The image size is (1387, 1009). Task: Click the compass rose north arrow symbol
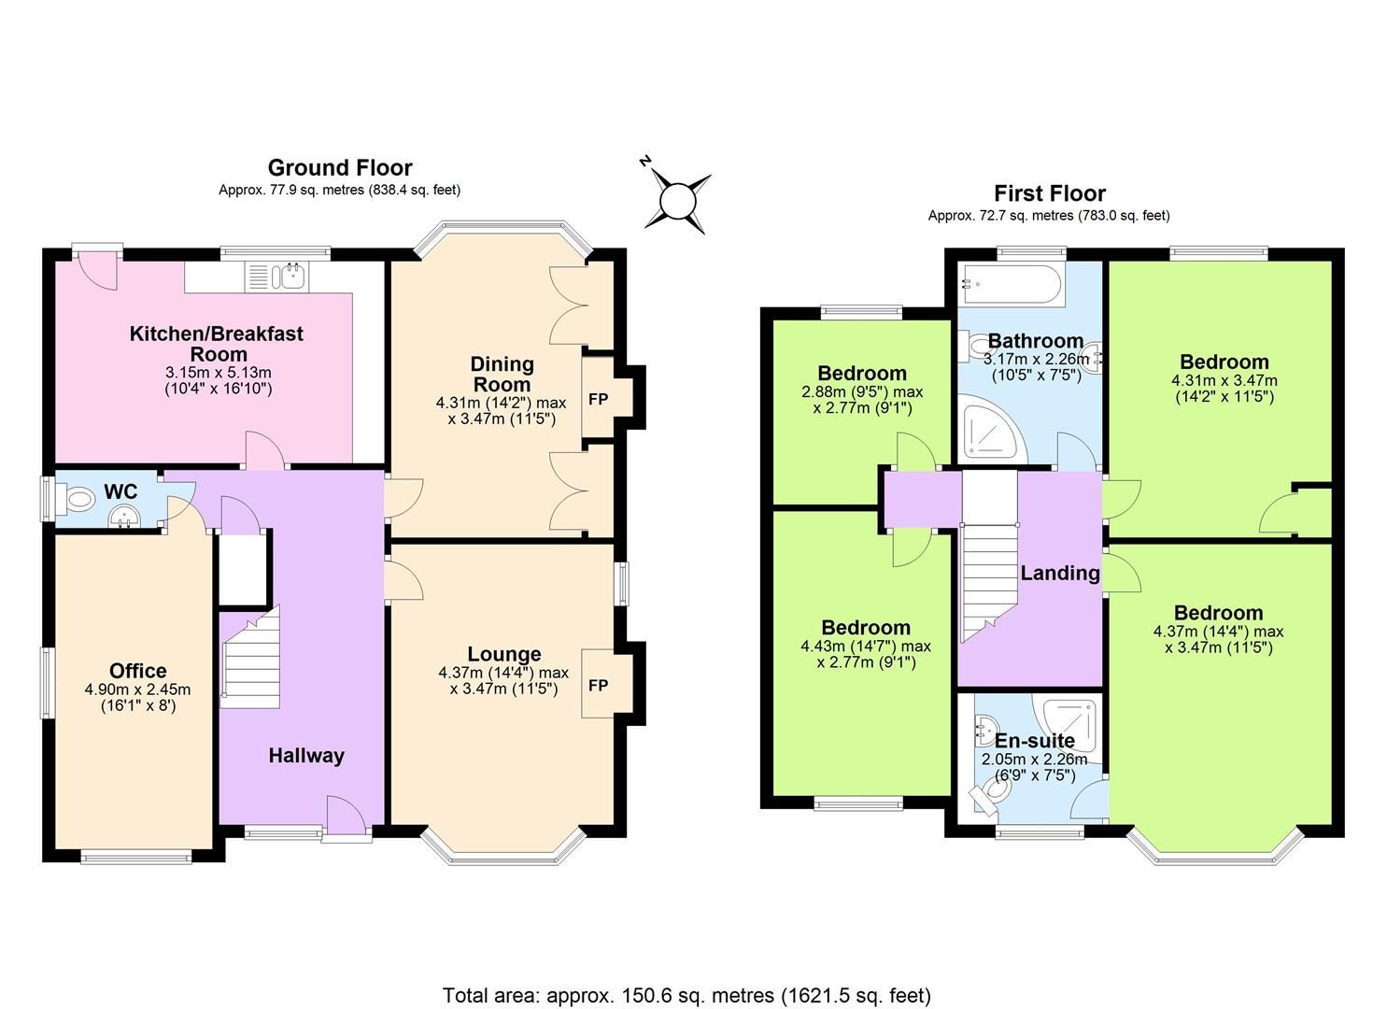(x=678, y=201)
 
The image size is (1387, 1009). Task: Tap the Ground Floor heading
(x=340, y=168)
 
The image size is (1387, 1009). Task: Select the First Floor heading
(x=1049, y=193)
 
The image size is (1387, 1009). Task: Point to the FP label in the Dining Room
(x=598, y=400)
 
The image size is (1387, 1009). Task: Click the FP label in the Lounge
(x=598, y=686)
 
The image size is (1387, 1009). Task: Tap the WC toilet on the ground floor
(x=78, y=500)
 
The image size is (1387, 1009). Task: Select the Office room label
(x=138, y=671)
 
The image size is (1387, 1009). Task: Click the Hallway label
(x=306, y=756)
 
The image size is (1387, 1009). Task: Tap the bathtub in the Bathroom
(x=1012, y=284)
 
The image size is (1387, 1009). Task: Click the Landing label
(x=1059, y=573)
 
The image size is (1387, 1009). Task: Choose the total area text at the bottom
(x=686, y=995)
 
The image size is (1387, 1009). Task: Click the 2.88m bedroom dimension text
(x=862, y=391)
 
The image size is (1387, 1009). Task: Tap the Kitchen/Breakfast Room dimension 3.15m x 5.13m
(x=218, y=372)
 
